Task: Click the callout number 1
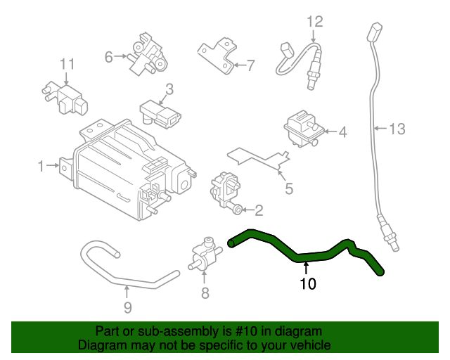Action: [x=41, y=166]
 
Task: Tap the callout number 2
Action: [x=258, y=210]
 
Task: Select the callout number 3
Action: [x=169, y=89]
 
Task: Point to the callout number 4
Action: [x=342, y=131]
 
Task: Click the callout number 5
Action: [x=288, y=188]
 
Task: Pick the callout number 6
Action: [x=109, y=57]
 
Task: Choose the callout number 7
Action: [x=250, y=66]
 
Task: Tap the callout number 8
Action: [x=205, y=293]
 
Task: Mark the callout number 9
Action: [x=127, y=307]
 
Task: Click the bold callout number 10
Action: [x=308, y=284]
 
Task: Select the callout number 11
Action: [x=66, y=65]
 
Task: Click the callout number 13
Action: [x=397, y=128]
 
